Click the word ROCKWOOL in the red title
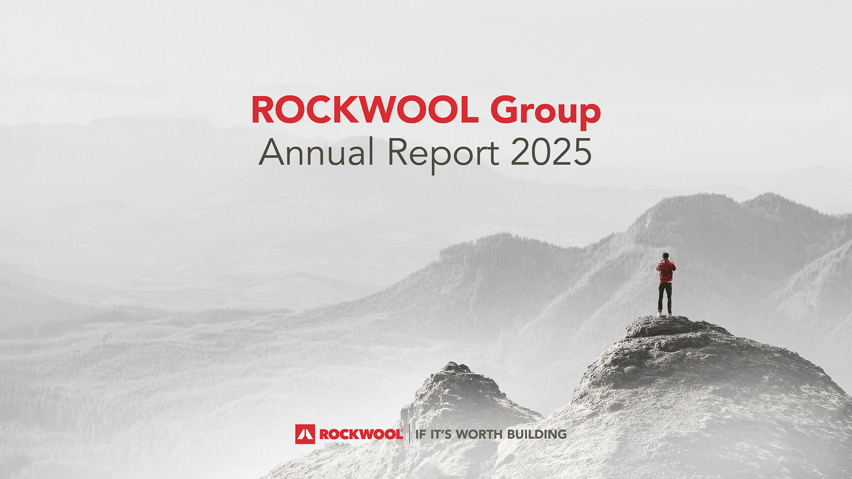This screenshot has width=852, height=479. pos(365,110)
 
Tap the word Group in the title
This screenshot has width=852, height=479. pos(545,113)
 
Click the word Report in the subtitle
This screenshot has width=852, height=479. pos(443,155)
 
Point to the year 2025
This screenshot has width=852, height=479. pos(551,152)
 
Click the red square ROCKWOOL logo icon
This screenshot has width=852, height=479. pos(305,434)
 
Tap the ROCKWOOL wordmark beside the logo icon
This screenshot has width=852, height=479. pos(361,434)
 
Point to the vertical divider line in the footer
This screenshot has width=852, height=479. pos(409,434)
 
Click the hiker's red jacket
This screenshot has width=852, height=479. pos(666,271)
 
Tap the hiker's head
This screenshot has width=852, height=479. pos(665,255)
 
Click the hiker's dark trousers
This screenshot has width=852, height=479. pos(665,298)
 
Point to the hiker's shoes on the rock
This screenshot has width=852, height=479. pos(665,314)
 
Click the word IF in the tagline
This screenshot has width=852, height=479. pos(421,434)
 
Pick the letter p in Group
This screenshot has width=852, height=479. pos(588,117)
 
